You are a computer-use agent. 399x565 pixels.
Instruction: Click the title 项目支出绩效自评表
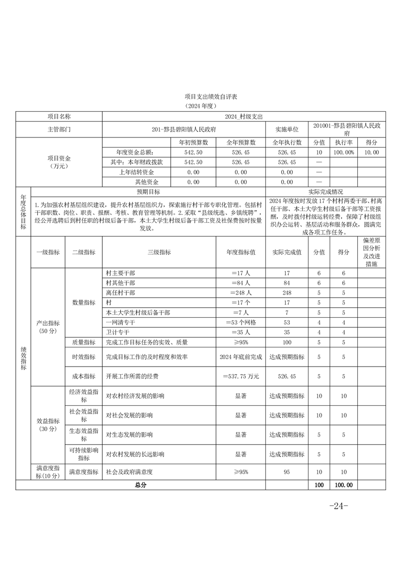199,96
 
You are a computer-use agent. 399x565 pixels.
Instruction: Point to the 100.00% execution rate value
344,152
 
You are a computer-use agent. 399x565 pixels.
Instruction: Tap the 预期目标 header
148,192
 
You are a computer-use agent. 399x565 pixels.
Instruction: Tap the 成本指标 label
84,376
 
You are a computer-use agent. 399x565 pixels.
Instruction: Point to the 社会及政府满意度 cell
129,472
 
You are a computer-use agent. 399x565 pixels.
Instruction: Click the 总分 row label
140,485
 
